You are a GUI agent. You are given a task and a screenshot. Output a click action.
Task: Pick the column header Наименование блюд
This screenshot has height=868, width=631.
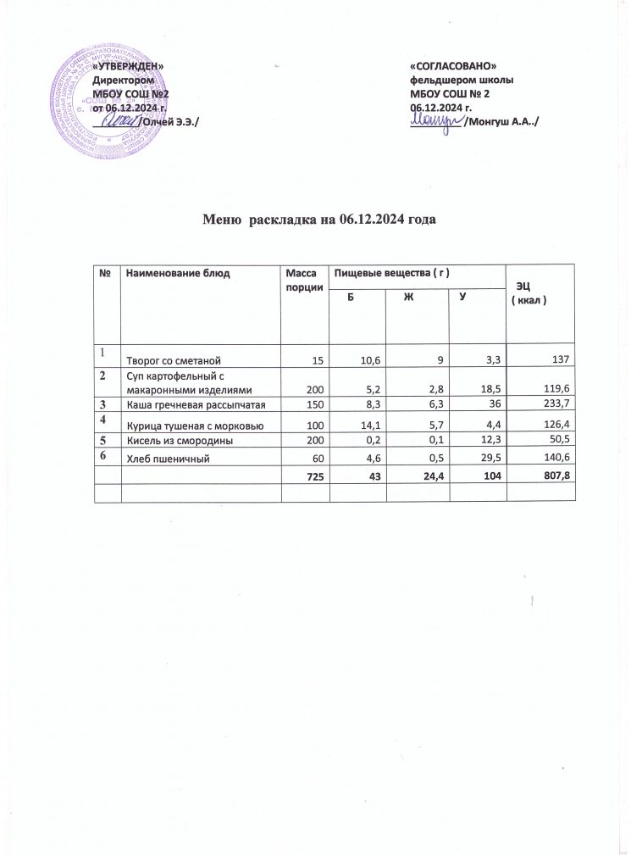[x=177, y=273]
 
